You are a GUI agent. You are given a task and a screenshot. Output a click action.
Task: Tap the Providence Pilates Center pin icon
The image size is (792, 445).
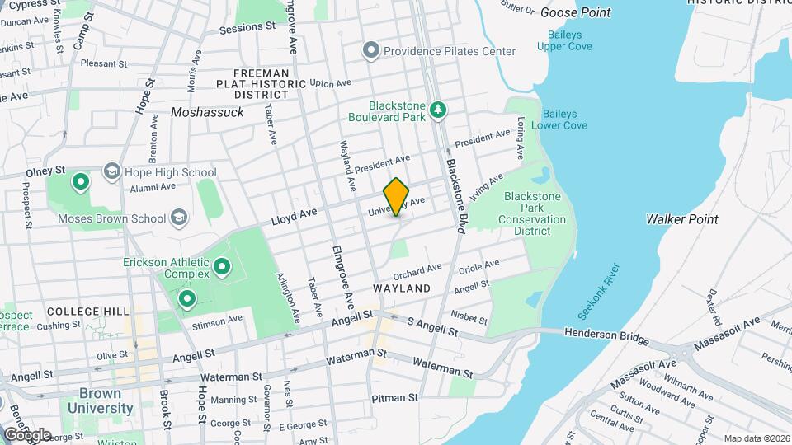pos(371,51)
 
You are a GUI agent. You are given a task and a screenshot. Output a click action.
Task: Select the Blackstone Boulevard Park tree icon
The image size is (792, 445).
pos(439,109)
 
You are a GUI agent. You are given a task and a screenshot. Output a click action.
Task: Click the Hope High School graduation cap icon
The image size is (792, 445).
pos(111,171)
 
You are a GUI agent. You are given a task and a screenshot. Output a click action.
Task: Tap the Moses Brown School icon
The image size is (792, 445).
pos(178,218)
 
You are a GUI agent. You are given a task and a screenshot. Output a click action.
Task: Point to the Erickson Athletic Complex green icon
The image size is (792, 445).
pos(221,266)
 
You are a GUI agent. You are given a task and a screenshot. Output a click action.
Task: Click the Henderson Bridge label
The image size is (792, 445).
pos(606,333)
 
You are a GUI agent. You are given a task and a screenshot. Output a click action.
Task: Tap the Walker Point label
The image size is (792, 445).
pos(681,219)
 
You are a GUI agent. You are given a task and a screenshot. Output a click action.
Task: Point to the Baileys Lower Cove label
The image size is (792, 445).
pos(559,119)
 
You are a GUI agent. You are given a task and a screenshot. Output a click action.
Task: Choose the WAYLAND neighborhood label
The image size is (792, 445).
pos(402,288)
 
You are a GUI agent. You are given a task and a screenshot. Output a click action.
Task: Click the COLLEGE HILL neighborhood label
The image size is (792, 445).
pos(88,311)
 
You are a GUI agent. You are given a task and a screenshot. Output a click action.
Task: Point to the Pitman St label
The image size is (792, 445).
pos(394,398)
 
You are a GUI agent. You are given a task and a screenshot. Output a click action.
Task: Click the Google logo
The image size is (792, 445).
pos(27,434)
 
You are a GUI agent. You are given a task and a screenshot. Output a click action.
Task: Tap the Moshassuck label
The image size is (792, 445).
pos(207,112)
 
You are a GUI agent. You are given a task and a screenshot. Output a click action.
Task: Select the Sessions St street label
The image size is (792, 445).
pos(247,27)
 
